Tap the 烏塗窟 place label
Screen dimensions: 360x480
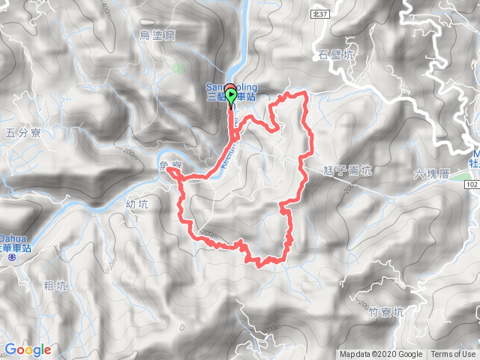[157, 34]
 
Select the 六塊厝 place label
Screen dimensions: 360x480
[430, 173]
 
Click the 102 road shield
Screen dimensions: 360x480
[472, 184]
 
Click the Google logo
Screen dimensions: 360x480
[28, 349]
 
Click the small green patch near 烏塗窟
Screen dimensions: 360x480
[178, 69]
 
